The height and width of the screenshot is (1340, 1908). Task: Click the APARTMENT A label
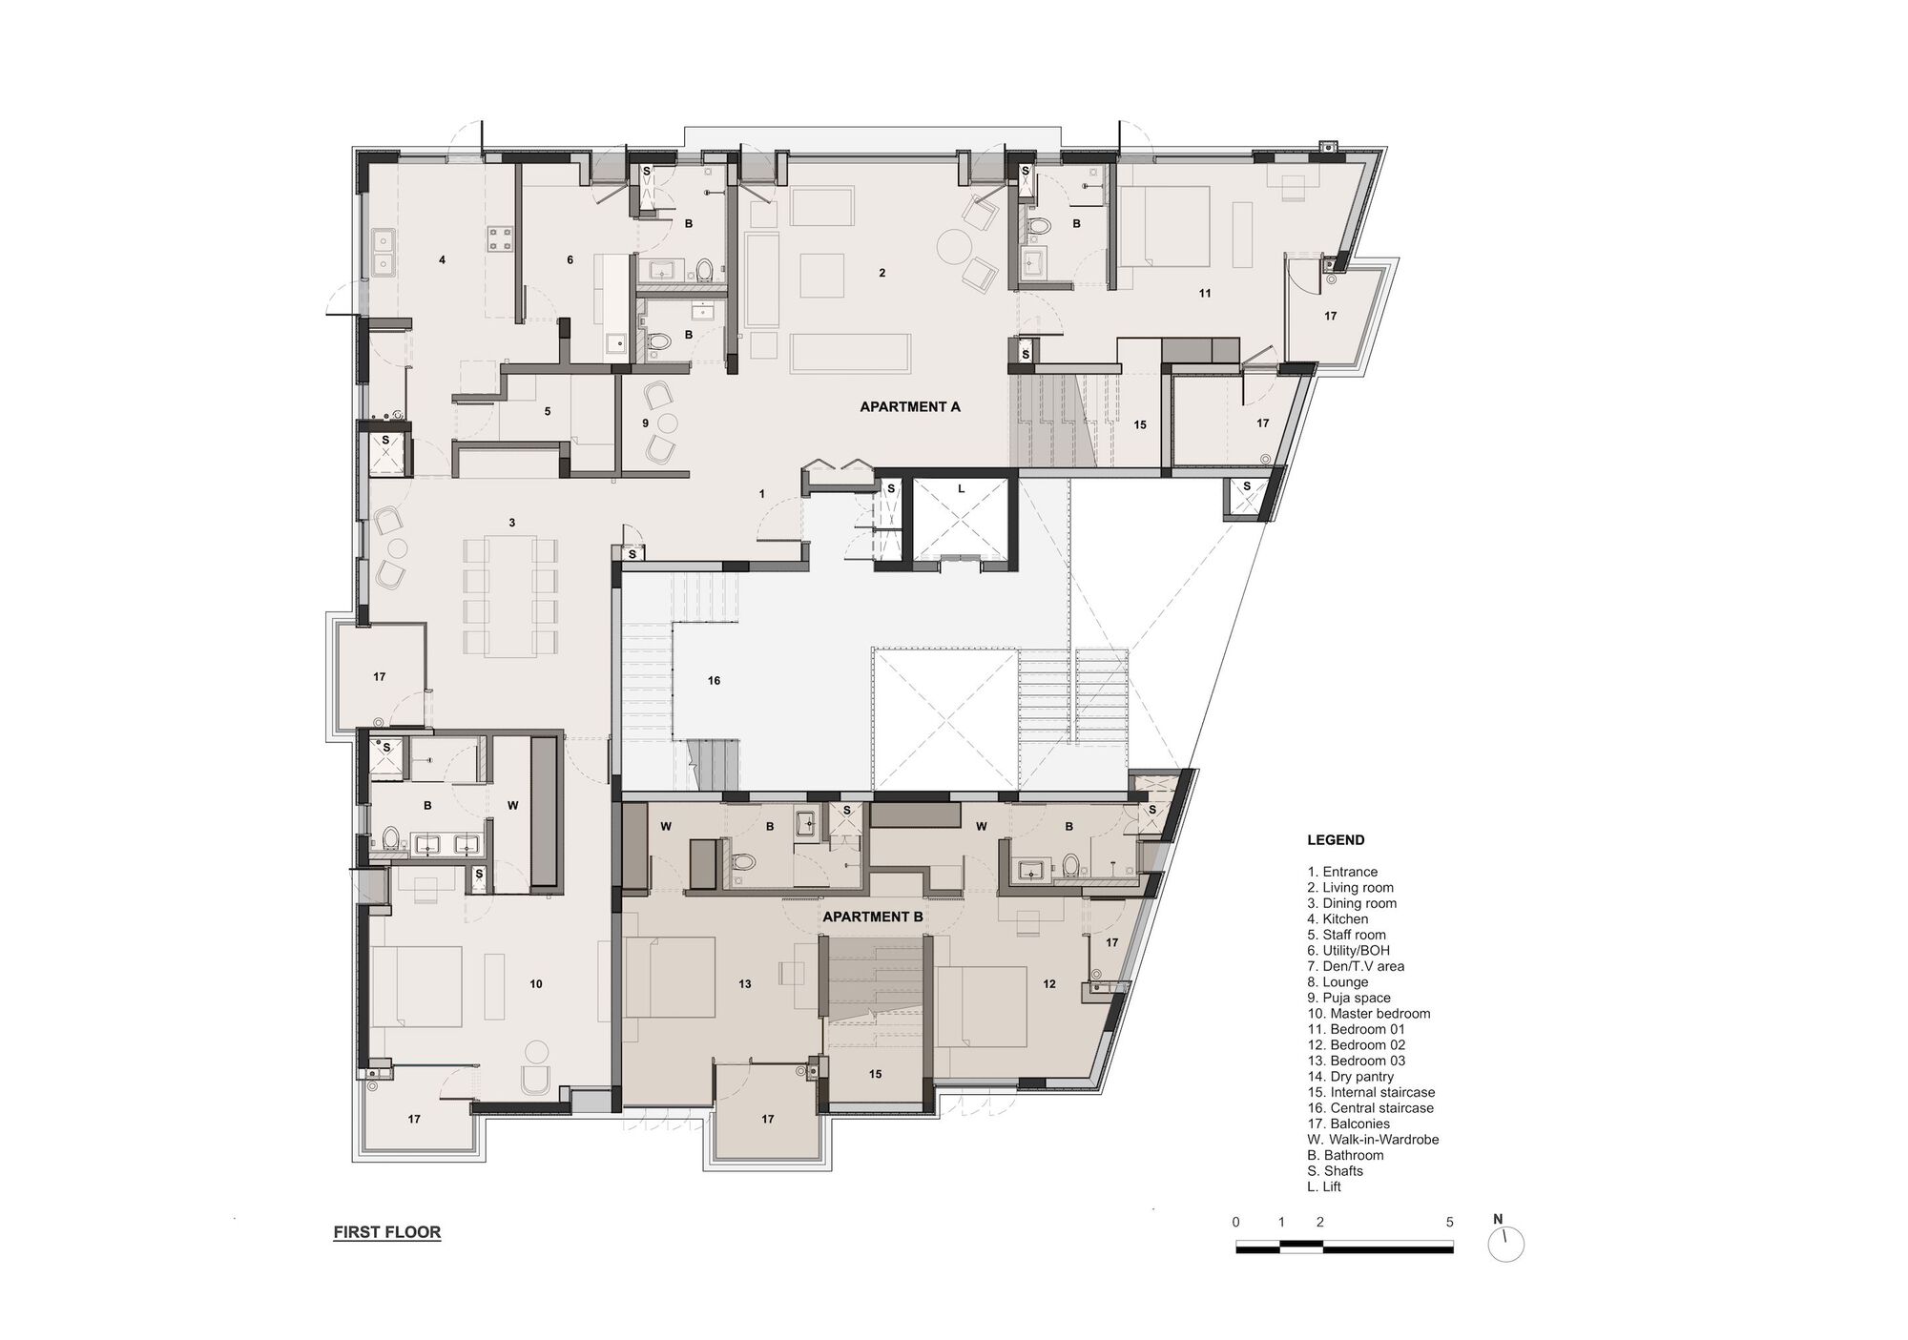[909, 406]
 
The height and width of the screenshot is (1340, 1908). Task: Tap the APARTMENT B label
[872, 917]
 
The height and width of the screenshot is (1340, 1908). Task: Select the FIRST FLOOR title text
[386, 1232]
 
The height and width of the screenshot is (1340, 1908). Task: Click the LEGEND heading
[1335, 840]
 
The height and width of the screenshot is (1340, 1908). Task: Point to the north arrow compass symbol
[1505, 1244]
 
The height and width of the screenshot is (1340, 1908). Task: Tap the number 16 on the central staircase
[714, 681]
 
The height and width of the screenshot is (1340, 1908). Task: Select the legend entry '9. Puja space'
[1350, 998]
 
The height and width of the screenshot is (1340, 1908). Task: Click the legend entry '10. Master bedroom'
[1368, 1014]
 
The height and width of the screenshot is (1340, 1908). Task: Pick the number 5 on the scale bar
[1449, 1222]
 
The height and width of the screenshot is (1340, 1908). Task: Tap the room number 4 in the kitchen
[442, 259]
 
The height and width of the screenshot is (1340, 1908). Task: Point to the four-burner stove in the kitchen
[501, 237]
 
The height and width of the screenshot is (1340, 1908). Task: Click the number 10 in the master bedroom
[535, 983]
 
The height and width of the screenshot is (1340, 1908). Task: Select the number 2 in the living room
[882, 273]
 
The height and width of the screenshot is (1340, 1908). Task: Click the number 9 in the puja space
[645, 423]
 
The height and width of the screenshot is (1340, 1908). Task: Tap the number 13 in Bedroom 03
[745, 983]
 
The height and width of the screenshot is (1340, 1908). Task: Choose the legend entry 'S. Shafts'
[1335, 1171]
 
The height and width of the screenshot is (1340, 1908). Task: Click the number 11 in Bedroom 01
[1204, 294]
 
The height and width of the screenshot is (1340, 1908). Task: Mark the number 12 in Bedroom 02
[1049, 983]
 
